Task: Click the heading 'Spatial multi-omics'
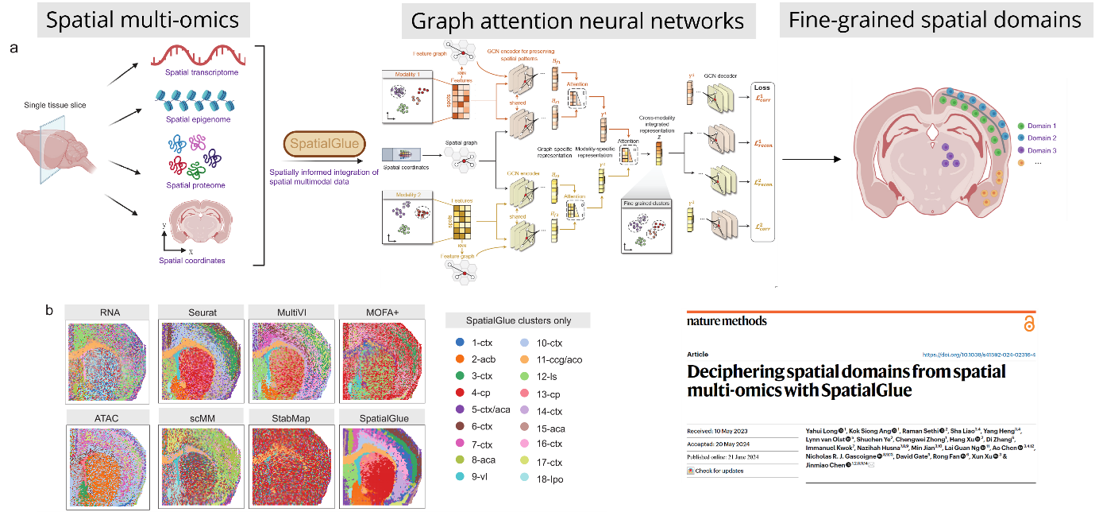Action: click(143, 20)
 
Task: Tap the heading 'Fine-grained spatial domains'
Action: click(935, 20)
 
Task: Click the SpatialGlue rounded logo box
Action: click(326, 145)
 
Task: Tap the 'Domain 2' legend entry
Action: click(1041, 138)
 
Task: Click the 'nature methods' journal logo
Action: click(727, 320)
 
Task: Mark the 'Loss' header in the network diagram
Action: click(762, 88)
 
